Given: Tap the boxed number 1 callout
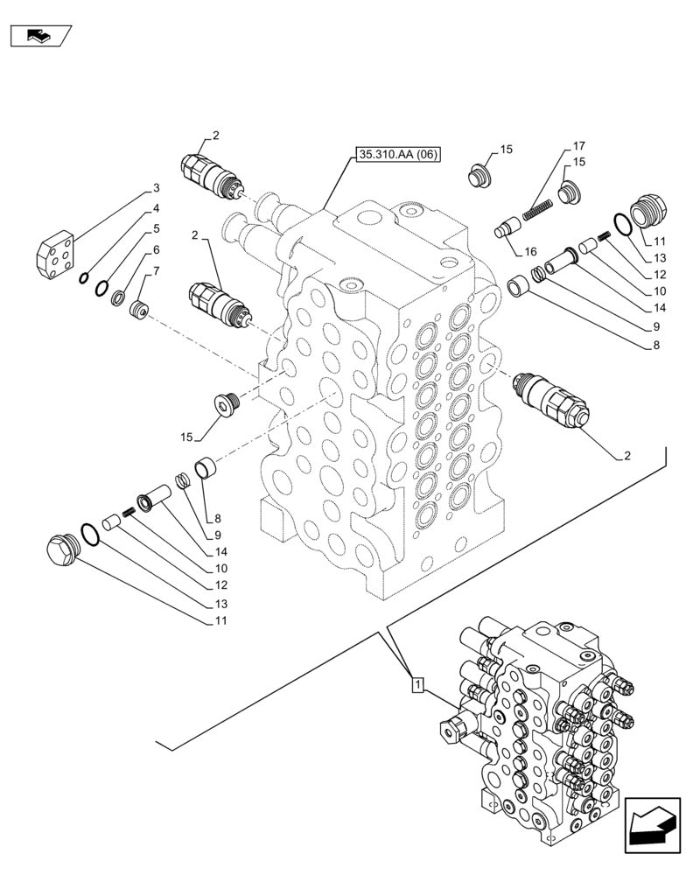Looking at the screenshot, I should click(418, 684).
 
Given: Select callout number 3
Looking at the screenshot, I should click(156, 187).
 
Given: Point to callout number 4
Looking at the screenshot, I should click(156, 208).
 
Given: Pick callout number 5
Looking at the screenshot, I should click(156, 228).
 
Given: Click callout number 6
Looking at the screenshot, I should click(156, 249).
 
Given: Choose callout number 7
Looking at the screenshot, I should click(156, 270).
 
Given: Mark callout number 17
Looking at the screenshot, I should click(579, 145).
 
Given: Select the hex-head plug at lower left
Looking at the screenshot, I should click(61, 551).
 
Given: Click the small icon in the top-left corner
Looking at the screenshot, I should click(40, 36).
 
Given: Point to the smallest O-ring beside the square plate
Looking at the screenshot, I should click(82, 279).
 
